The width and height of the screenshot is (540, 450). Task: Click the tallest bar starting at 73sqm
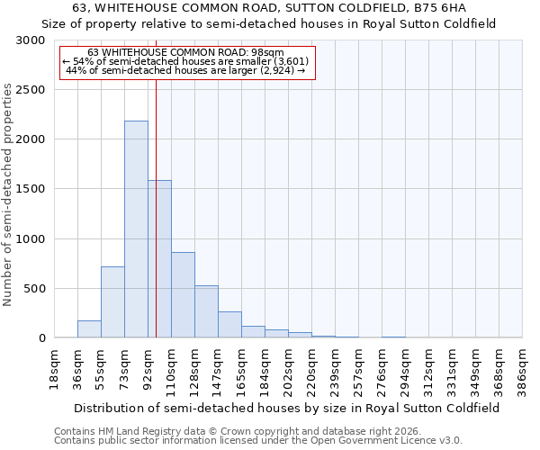136,229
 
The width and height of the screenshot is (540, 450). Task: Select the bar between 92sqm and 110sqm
159,259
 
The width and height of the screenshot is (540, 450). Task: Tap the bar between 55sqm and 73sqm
112,302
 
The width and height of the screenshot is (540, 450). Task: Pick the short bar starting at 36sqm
89,329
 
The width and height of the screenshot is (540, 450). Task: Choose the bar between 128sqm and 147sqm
206,311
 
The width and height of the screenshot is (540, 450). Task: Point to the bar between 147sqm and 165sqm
229,325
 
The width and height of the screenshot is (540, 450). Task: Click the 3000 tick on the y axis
31,40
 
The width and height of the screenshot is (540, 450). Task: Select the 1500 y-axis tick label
31,189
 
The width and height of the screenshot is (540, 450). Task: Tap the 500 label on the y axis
34,289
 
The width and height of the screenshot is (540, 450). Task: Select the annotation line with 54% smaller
186,61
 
